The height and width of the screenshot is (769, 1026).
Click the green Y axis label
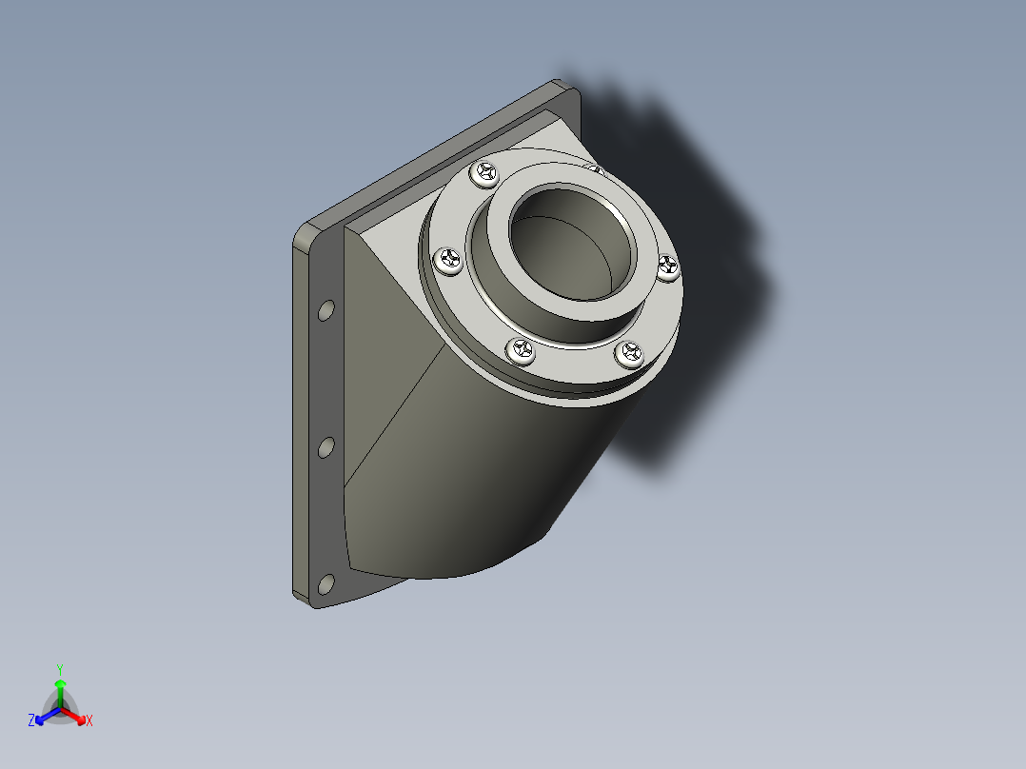[x=59, y=668]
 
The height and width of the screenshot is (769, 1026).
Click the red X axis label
[x=89, y=721]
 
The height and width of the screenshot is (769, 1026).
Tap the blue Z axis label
[x=31, y=721]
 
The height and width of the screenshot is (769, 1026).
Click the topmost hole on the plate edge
[x=326, y=310]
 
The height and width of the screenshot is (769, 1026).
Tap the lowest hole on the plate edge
[x=326, y=582]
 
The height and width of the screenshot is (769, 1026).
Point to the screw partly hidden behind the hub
[x=594, y=170]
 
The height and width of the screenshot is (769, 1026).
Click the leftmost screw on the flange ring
[x=448, y=259]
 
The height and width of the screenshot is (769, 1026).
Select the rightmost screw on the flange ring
[x=669, y=267]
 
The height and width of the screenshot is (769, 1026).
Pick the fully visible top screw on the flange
[x=486, y=172]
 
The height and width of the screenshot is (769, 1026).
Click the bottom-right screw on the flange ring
[x=629, y=355]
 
